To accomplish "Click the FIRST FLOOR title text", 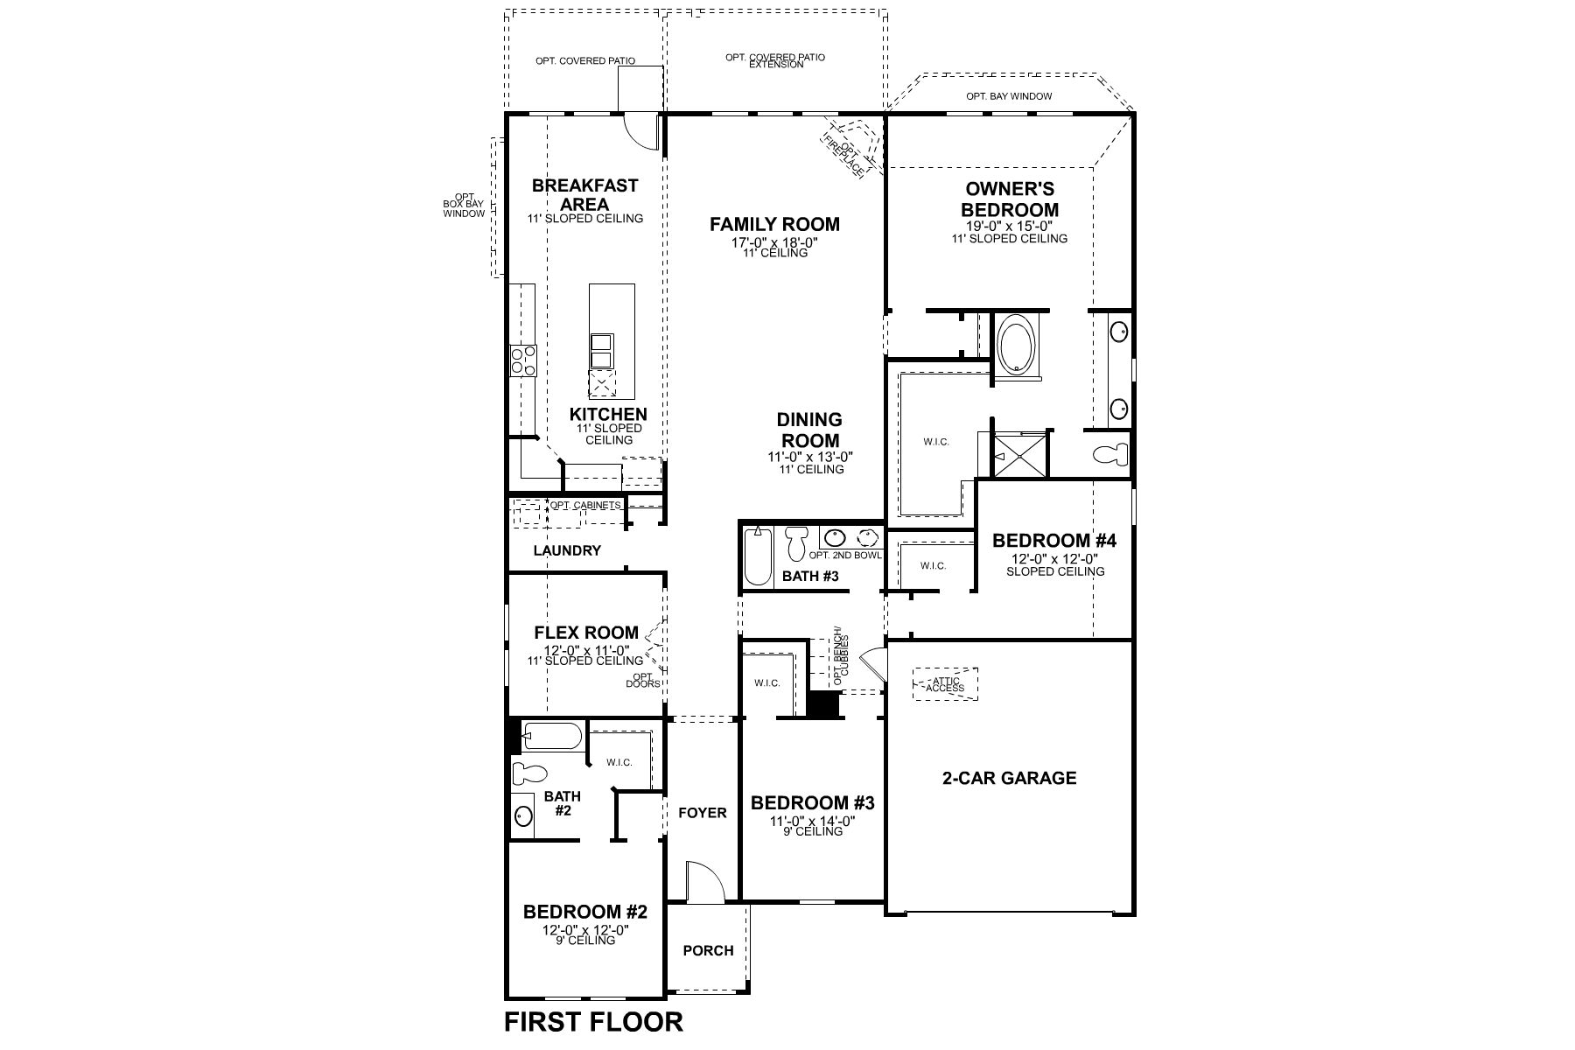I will (593, 1021).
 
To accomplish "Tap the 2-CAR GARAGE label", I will (1009, 778).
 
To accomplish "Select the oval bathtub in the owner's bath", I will (1016, 347).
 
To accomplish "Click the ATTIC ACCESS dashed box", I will (945, 684).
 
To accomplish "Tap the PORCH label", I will (708, 950).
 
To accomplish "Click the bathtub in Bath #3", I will (756, 556).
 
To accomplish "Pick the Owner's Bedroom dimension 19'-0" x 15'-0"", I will (1009, 225).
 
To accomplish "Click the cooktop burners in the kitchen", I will (523, 360).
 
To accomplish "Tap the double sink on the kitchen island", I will (602, 352).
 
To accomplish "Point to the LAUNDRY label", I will (567, 550).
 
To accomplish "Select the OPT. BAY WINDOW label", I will (1009, 96).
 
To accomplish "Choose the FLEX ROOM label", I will (586, 633).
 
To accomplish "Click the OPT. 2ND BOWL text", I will (844, 556).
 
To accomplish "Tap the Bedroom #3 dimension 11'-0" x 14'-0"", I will (811, 821).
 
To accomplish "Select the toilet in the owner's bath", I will (1112, 455).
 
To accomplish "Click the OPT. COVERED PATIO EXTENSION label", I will (774, 60).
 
